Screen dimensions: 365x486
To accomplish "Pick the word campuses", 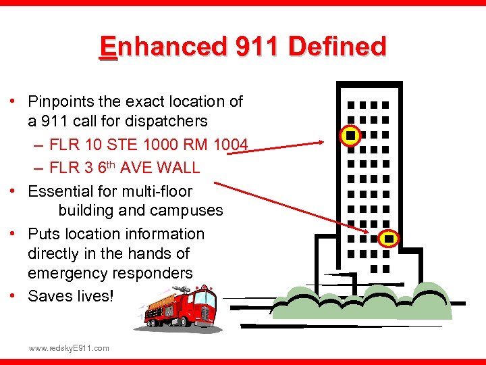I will pos(190,210).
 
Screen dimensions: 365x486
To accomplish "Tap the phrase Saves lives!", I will pos(71,296).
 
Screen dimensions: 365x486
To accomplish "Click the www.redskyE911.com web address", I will pos(68,347).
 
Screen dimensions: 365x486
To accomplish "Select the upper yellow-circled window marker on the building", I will pos(350,137).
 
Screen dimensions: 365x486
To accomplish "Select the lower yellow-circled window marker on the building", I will pos(389,239).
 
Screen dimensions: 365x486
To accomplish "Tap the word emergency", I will pos(67,273).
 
